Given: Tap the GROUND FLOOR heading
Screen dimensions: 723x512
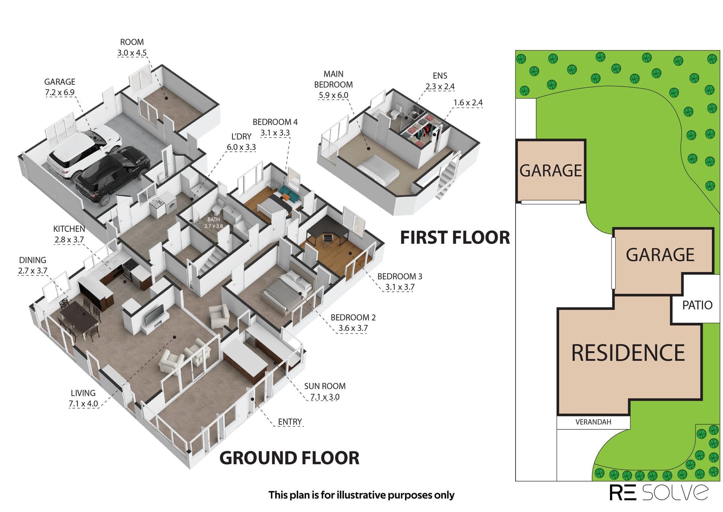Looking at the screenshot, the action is point(289,458).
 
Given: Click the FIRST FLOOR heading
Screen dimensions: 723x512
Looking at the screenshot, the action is point(455,238).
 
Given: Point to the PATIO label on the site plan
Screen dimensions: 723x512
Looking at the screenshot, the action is point(697,305).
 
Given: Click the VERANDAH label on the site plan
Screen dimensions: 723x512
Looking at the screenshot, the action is point(593,422).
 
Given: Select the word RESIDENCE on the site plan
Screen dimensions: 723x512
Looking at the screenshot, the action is point(628,353).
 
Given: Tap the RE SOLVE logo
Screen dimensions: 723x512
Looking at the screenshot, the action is point(659,492).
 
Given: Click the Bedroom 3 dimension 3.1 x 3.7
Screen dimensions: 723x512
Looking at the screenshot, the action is point(400,287).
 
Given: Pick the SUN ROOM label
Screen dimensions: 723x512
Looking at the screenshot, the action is point(325,386).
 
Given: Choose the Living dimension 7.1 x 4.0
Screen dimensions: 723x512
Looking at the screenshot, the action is point(83,404).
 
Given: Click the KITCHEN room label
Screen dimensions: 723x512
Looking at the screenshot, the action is point(69,229).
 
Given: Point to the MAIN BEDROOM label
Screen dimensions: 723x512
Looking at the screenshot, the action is point(334,79).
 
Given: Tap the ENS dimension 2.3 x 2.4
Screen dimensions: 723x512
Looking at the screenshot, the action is point(440,87).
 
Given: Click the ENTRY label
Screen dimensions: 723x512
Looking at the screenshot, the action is point(290,422).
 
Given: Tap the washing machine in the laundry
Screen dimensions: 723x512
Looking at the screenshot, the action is point(171,207).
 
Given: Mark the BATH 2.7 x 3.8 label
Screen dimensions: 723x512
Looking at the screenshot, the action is point(214,223).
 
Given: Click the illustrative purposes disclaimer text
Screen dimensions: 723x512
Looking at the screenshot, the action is point(361,495).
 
